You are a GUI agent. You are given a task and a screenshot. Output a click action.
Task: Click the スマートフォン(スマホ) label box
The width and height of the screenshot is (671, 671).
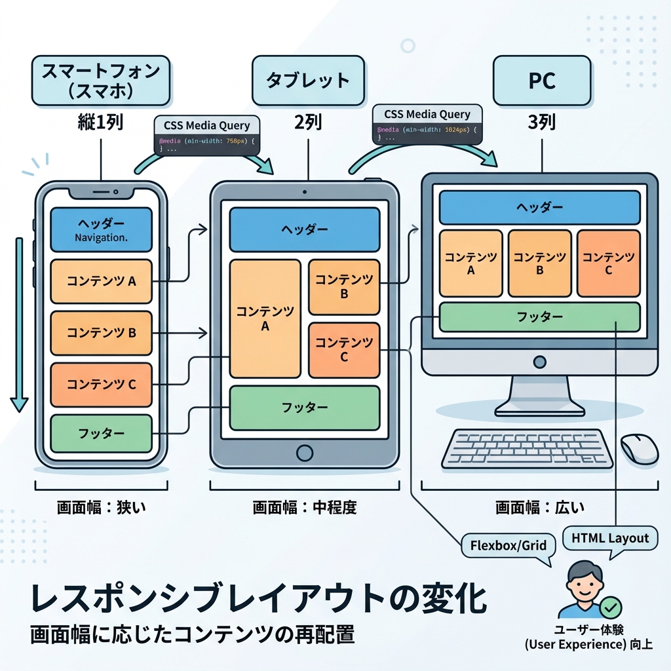(x=100, y=81)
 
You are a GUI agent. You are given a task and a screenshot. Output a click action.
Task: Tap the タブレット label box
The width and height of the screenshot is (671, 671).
(x=308, y=81)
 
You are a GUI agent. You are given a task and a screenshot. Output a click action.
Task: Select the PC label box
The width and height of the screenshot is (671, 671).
(x=542, y=81)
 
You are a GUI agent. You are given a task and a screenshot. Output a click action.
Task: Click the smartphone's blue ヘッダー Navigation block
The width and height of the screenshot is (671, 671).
(x=101, y=229)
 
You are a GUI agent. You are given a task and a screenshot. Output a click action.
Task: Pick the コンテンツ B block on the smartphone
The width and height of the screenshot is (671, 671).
(x=101, y=332)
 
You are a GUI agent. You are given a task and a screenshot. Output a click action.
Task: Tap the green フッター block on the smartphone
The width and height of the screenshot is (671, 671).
(x=101, y=433)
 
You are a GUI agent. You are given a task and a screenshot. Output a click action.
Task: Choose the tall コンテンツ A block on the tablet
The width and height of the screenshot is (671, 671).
(x=265, y=318)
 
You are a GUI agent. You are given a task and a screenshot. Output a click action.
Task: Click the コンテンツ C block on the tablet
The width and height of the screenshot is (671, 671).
(x=344, y=350)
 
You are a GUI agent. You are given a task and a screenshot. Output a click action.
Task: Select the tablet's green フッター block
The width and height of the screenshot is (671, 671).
(x=304, y=407)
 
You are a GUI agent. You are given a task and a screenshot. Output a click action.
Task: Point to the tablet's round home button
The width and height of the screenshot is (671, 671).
(x=305, y=453)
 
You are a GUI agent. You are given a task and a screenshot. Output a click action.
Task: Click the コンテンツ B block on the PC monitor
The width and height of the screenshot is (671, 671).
(x=539, y=263)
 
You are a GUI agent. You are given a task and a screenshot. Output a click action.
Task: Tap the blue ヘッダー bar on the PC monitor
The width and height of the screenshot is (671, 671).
(x=539, y=208)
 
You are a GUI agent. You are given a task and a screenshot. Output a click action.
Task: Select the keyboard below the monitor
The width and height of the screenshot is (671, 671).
(x=527, y=448)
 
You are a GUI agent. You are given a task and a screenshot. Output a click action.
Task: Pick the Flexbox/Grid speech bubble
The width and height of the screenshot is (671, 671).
(x=508, y=545)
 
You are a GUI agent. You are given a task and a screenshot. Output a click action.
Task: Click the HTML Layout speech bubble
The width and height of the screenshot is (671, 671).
(x=609, y=539)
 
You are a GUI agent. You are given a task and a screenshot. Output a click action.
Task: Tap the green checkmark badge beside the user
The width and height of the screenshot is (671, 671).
(x=611, y=608)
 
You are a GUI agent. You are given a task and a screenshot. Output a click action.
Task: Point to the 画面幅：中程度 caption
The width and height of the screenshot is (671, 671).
(x=305, y=507)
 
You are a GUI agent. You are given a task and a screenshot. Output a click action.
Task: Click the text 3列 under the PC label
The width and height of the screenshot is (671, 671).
(x=542, y=123)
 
